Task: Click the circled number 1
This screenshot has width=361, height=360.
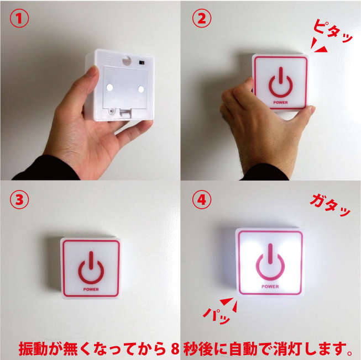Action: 19,18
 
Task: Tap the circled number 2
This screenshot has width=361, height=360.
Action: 202,18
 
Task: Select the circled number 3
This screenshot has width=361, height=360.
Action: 19,199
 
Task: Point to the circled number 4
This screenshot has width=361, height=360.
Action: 202,199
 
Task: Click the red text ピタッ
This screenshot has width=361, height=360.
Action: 333,31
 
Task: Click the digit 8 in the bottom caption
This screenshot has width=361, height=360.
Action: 175,349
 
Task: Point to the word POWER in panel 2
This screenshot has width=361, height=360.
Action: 280,103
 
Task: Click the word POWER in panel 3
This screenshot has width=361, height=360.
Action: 91,289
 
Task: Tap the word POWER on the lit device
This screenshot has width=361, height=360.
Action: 270,287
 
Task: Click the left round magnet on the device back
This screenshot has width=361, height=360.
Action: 109,87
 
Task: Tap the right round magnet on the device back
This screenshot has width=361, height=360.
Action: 141,89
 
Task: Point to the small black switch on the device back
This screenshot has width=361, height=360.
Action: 142,62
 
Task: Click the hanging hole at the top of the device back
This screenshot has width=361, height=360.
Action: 127,60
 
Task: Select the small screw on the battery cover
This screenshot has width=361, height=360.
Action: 112,112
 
